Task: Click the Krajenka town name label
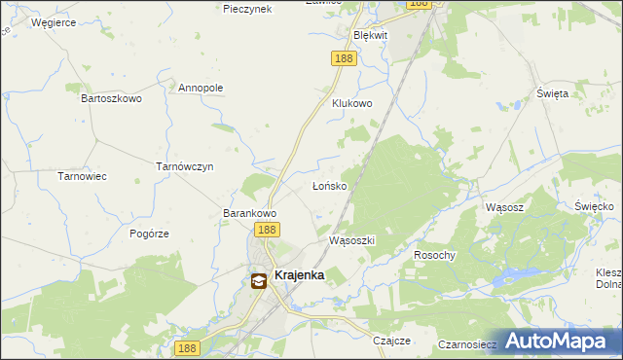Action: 299,275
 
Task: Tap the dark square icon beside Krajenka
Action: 259,281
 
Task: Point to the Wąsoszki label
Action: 352,239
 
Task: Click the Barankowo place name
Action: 251,213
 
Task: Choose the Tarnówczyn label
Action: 185,166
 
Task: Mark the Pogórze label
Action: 150,234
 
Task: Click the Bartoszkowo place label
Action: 111,98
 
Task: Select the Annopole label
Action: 201,88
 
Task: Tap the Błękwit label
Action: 370,35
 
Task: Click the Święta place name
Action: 552,93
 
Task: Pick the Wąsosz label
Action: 504,207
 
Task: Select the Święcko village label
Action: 593,206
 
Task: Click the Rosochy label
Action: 434,255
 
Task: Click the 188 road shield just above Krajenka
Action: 267,230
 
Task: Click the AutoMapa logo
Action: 559,341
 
